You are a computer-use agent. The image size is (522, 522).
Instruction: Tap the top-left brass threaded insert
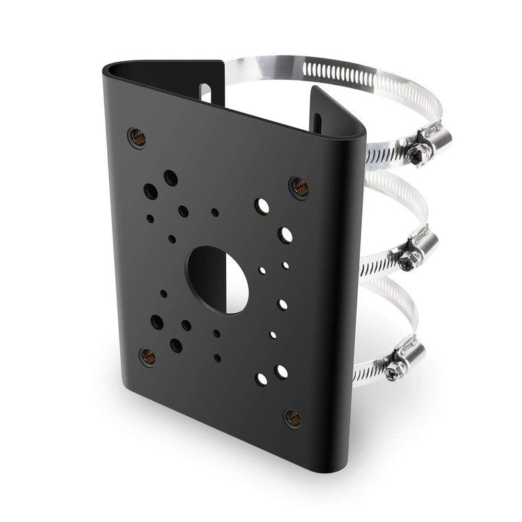(x=138, y=137)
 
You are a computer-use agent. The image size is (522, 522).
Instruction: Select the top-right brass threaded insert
(x=299, y=186)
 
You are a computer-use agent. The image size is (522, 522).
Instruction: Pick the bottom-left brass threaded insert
(x=148, y=356)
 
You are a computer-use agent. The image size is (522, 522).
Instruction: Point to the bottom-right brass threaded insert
(x=293, y=417)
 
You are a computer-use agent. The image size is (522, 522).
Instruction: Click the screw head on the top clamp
(x=417, y=154)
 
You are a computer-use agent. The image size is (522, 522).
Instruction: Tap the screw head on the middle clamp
(x=411, y=259)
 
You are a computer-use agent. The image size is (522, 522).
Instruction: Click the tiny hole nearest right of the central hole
(x=262, y=271)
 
